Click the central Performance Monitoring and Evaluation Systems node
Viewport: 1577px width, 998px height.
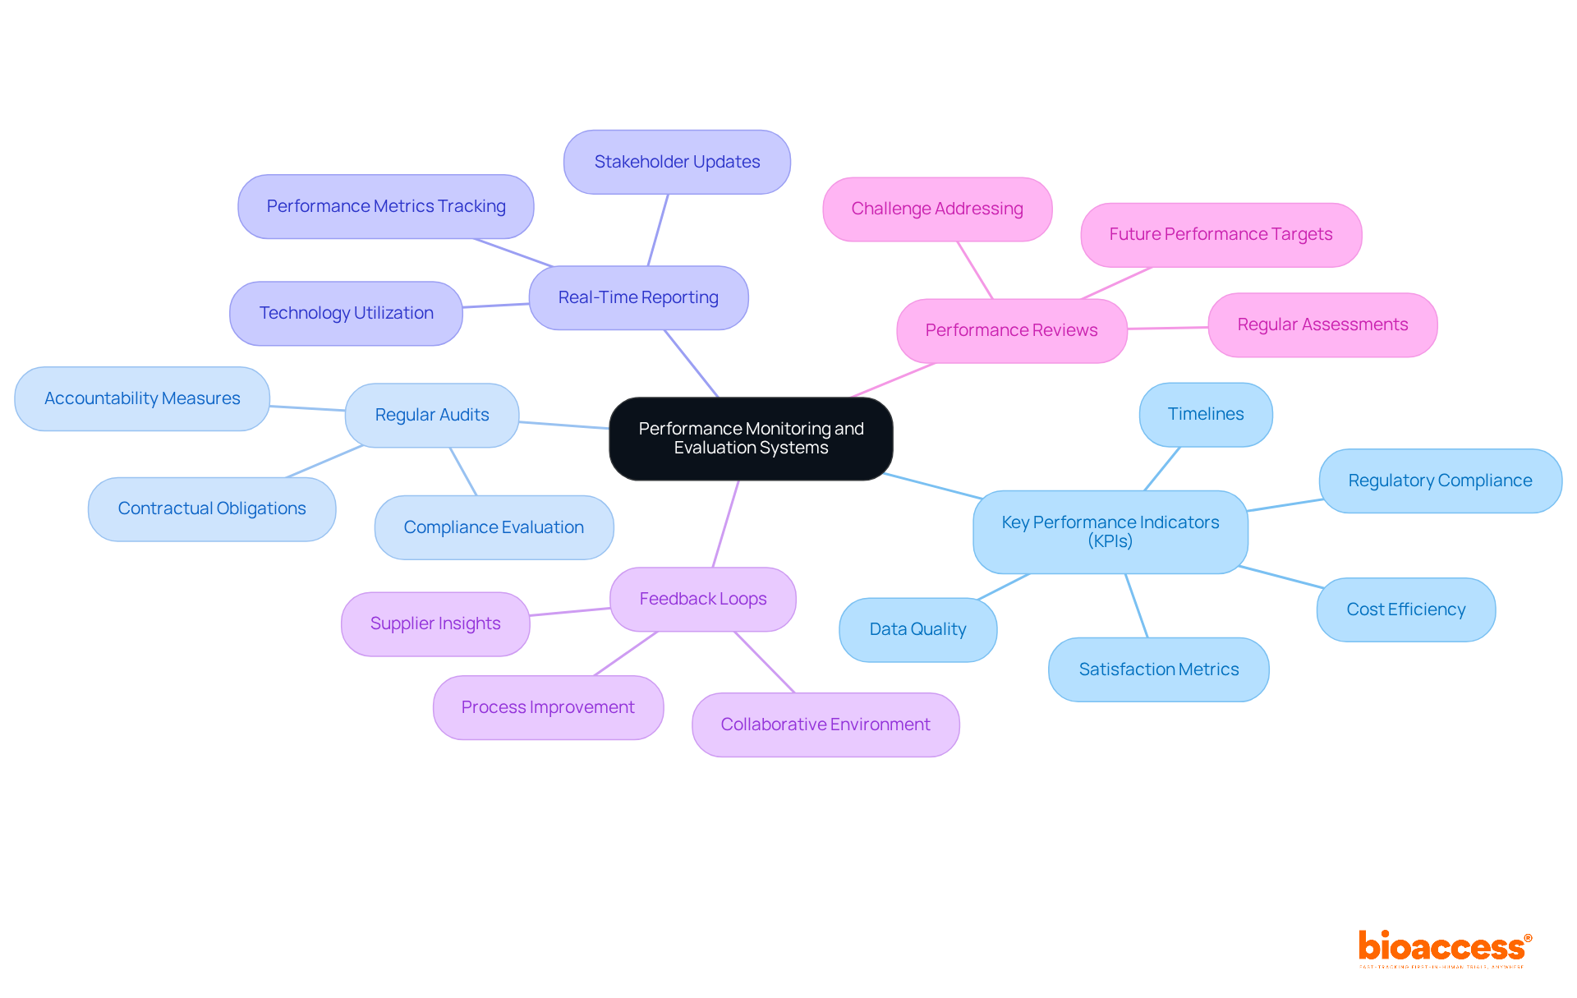click(x=751, y=439)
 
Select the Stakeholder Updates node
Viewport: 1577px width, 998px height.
click(x=677, y=162)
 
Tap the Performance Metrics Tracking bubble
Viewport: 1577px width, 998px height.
click(x=386, y=206)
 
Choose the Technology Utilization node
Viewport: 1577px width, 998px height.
click(x=346, y=313)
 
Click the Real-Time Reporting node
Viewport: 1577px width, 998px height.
click(x=638, y=297)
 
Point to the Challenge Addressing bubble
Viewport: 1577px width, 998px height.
click(x=937, y=209)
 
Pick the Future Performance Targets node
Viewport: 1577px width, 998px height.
click(x=1221, y=234)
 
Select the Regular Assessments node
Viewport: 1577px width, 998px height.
click(x=1322, y=324)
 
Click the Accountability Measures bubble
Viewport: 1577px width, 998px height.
click(x=142, y=398)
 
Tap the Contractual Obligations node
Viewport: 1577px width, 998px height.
click(x=212, y=508)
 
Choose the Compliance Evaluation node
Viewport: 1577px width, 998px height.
click(x=494, y=527)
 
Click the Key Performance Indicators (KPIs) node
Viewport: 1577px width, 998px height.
click(x=1110, y=531)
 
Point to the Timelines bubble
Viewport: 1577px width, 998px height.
click(x=1206, y=414)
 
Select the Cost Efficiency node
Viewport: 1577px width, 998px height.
click(x=1405, y=609)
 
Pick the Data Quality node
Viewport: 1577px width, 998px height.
click(x=917, y=629)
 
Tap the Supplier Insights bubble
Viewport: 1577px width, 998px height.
click(x=435, y=623)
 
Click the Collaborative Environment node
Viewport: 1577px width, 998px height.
click(x=825, y=724)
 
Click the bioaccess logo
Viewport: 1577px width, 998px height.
click(x=1444, y=948)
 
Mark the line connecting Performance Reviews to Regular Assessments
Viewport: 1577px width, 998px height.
click(x=1167, y=328)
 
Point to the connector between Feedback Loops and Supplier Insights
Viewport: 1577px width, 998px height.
click(x=570, y=611)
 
